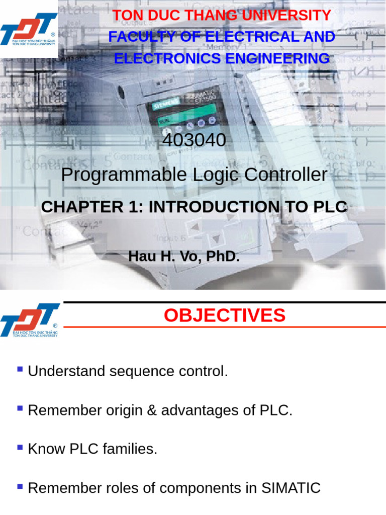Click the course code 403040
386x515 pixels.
click(x=194, y=140)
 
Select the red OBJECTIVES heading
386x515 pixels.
click(x=224, y=315)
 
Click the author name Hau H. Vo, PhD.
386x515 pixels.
click(x=184, y=256)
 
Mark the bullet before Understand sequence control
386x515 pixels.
click(x=20, y=369)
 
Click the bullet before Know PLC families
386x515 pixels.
click(x=20, y=447)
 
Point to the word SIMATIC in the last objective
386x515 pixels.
click(x=291, y=488)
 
